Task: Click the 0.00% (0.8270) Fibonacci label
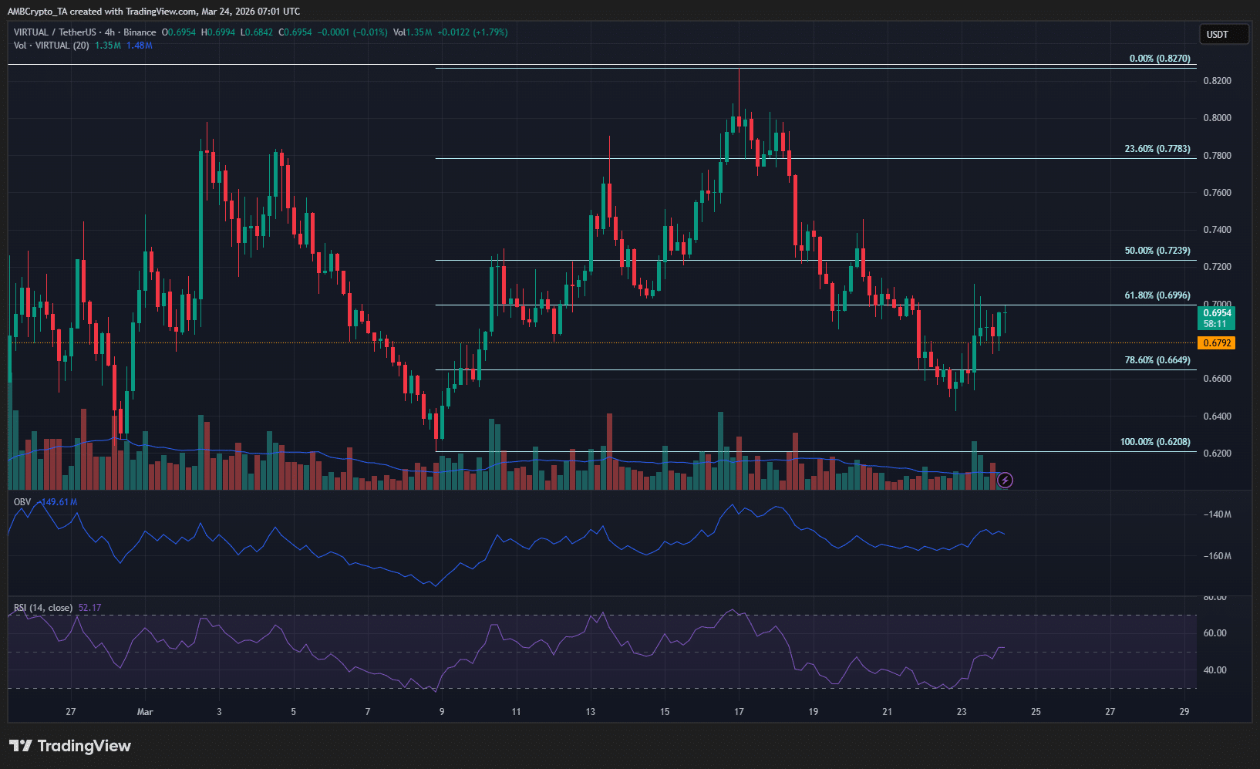point(1159,59)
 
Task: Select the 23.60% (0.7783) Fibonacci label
point(1157,149)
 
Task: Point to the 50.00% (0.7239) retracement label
point(1157,251)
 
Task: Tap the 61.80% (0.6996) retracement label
point(1157,295)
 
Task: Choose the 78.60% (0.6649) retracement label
point(1157,360)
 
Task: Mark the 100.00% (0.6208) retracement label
point(1154,442)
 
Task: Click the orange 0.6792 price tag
point(1216,343)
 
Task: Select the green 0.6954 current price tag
point(1217,318)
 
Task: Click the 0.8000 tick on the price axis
point(1217,118)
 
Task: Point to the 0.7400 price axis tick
point(1217,230)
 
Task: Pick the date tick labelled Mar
point(145,712)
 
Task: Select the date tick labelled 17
point(739,712)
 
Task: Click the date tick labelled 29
point(1184,712)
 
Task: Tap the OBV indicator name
point(22,502)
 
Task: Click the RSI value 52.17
point(89,608)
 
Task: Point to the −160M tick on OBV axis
point(1217,556)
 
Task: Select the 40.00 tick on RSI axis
point(1215,670)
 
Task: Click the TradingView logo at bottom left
point(70,746)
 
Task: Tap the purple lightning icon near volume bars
point(1005,481)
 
